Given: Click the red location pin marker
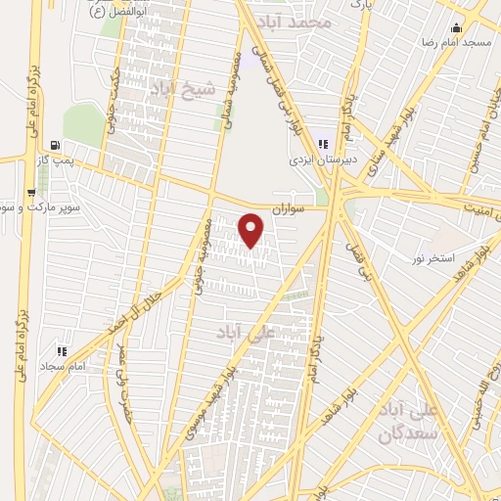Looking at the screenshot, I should [251, 230].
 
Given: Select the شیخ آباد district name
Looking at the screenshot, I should [175, 89].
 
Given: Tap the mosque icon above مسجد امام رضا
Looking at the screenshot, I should [454, 27].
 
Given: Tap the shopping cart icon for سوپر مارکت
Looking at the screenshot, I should [31, 192].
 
